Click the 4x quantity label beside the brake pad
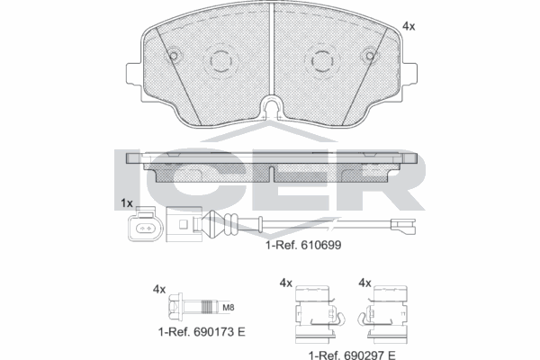(x=408, y=27)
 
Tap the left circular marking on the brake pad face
(x=220, y=61)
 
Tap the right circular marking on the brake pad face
(x=322, y=61)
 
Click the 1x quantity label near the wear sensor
(x=126, y=203)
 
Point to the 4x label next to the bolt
(x=159, y=289)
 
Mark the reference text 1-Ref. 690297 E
(x=351, y=354)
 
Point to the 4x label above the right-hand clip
(x=365, y=283)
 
